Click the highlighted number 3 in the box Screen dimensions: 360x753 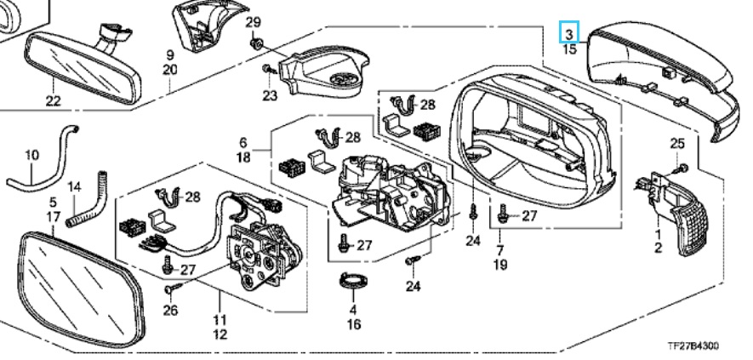coord(569,34)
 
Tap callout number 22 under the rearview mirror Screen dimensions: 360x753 coord(54,102)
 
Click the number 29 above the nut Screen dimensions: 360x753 coord(253,21)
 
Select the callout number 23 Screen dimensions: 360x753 coord(270,95)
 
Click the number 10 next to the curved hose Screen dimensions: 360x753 coord(31,156)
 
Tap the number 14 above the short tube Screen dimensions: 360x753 coord(74,186)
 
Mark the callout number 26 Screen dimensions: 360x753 coord(170,311)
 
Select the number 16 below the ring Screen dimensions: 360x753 coord(354,324)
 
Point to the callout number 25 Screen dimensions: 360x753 coord(677,143)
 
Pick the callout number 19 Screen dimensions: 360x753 coord(499,266)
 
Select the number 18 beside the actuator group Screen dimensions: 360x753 coord(242,158)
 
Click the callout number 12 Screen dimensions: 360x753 coord(220,335)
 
